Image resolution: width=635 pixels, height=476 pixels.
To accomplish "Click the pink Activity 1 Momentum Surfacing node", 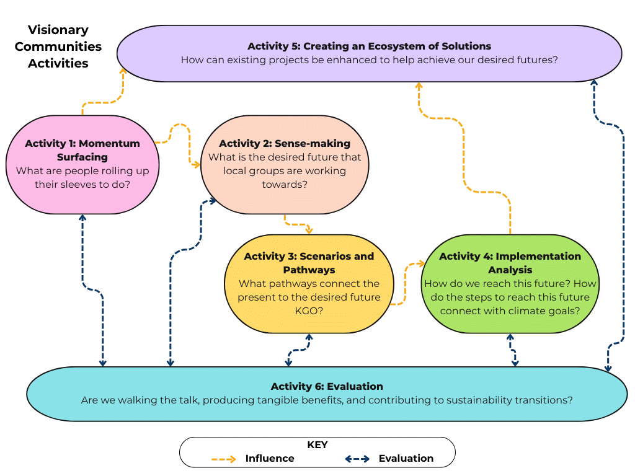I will coord(82,164).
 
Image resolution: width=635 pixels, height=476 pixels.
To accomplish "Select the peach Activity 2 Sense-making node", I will coord(285,164).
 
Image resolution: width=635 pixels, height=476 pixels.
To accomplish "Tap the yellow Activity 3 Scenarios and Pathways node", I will coord(309,283).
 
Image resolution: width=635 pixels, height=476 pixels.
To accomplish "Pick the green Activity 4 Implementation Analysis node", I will coord(510,283).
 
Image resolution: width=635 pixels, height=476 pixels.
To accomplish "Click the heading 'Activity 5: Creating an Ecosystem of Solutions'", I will coord(369,46).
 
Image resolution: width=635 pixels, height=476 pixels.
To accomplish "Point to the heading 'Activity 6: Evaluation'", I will coord(327,386).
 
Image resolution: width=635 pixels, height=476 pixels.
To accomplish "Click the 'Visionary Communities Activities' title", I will coord(58,46).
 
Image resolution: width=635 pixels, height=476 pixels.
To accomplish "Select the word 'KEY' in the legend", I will coord(317,445).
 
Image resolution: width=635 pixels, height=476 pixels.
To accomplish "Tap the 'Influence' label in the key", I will coord(270,459).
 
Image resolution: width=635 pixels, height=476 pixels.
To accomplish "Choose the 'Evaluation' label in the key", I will coord(406,459).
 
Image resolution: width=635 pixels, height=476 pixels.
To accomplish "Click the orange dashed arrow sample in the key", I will coord(223,459).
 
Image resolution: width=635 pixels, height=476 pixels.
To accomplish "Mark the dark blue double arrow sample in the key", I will coord(357,459).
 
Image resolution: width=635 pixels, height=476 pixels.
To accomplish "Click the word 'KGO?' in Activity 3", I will coord(309,311).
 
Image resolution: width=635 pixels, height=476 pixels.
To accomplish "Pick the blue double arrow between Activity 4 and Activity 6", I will coord(512,351).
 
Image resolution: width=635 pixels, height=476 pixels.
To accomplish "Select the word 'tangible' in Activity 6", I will coord(270,400).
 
